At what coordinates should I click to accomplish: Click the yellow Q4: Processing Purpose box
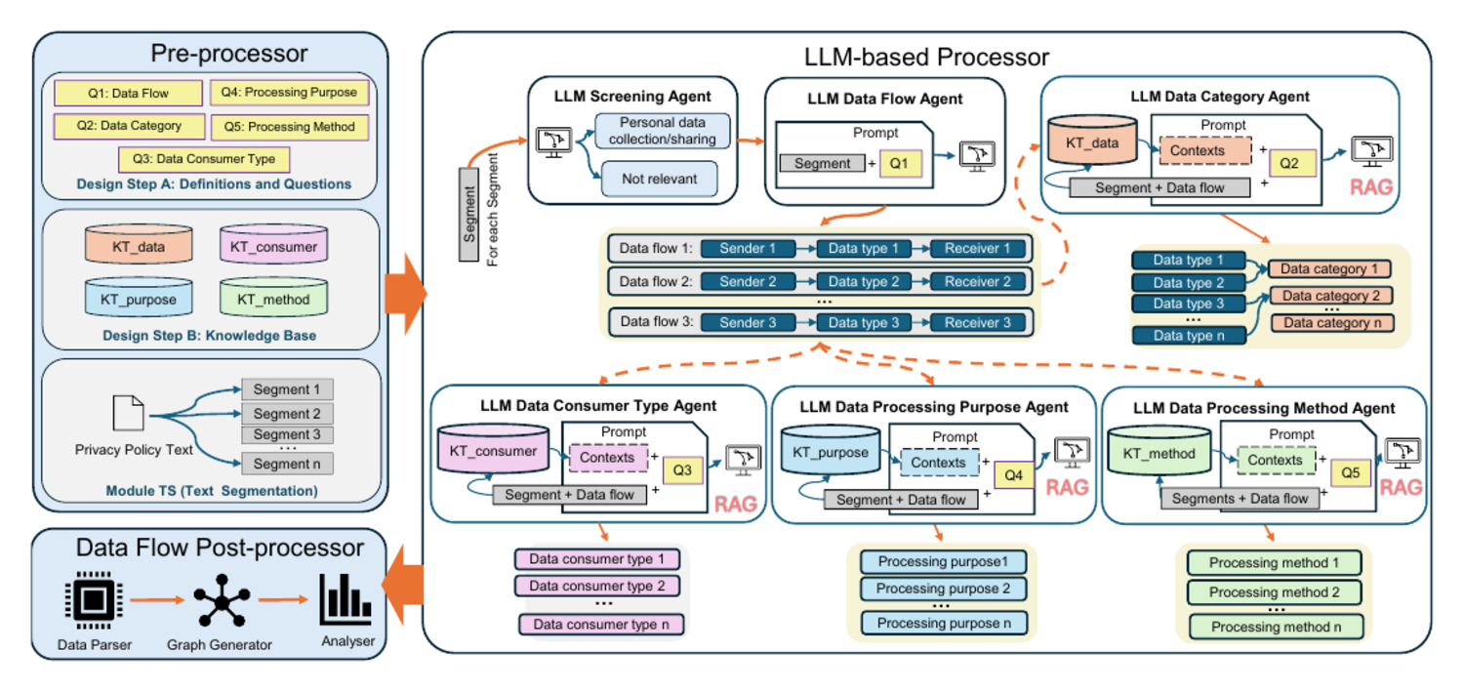pos(290,92)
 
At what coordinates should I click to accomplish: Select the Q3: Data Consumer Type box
pos(204,159)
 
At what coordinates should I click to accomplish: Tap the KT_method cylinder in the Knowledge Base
pos(273,298)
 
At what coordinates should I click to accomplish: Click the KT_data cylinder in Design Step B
pos(139,244)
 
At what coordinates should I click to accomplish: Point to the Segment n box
pos(287,464)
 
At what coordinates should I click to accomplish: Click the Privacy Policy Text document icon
pos(128,413)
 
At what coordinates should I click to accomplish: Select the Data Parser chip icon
pos(94,598)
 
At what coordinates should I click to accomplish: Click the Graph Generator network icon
pos(222,600)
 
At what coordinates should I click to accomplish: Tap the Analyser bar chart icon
pos(346,598)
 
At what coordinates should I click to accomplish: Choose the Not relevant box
pos(660,179)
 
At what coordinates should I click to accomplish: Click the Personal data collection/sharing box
pos(662,131)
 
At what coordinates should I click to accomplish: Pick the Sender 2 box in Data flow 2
pos(748,282)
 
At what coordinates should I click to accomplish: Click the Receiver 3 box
pos(977,322)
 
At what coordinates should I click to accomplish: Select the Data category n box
pos(1332,323)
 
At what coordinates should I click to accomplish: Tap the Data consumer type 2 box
pos(596,586)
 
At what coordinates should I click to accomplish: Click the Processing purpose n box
pos(944,624)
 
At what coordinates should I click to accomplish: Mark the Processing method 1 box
pos(1274,562)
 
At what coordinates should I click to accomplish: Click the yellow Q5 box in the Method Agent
pos(1350,473)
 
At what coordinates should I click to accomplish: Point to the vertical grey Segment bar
pos(468,215)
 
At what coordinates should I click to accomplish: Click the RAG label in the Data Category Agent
pos(1371,187)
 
